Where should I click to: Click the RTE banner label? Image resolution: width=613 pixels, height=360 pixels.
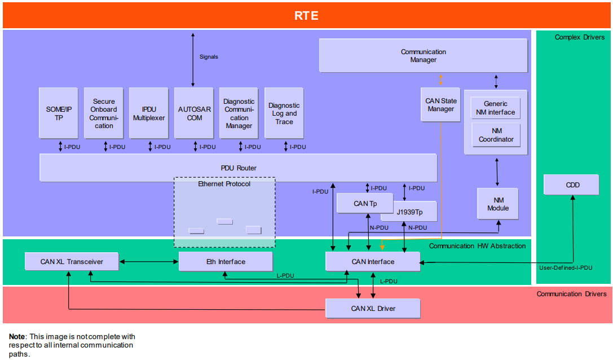(306, 15)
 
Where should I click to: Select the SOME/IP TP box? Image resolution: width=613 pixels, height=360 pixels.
(59, 113)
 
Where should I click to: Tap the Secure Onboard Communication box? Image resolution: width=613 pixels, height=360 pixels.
(104, 113)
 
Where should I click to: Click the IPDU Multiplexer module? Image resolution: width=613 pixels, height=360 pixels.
(149, 113)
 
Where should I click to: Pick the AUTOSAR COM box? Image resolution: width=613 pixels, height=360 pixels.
(194, 113)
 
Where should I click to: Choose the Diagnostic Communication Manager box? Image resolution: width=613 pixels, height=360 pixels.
(239, 113)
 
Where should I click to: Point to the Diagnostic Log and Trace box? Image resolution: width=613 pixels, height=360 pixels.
(284, 113)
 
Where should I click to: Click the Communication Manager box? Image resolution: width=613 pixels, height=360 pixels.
(423, 56)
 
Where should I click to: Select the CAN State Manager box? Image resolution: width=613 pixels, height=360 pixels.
(440, 104)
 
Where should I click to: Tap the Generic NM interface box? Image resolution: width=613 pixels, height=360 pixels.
(495, 108)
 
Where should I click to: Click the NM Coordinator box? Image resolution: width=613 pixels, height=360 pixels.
(496, 135)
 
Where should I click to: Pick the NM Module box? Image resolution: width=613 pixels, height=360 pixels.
(497, 204)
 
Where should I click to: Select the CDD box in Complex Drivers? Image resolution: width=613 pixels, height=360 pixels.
(572, 185)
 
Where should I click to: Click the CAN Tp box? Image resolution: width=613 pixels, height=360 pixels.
(365, 203)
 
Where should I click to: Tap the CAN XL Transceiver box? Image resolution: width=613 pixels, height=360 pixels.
(72, 261)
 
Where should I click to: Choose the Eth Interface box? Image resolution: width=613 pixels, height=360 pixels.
(226, 261)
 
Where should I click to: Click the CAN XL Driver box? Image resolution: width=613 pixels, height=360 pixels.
(373, 308)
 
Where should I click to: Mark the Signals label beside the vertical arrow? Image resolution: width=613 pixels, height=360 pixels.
(209, 56)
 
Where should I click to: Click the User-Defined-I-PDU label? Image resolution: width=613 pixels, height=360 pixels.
(565, 268)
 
